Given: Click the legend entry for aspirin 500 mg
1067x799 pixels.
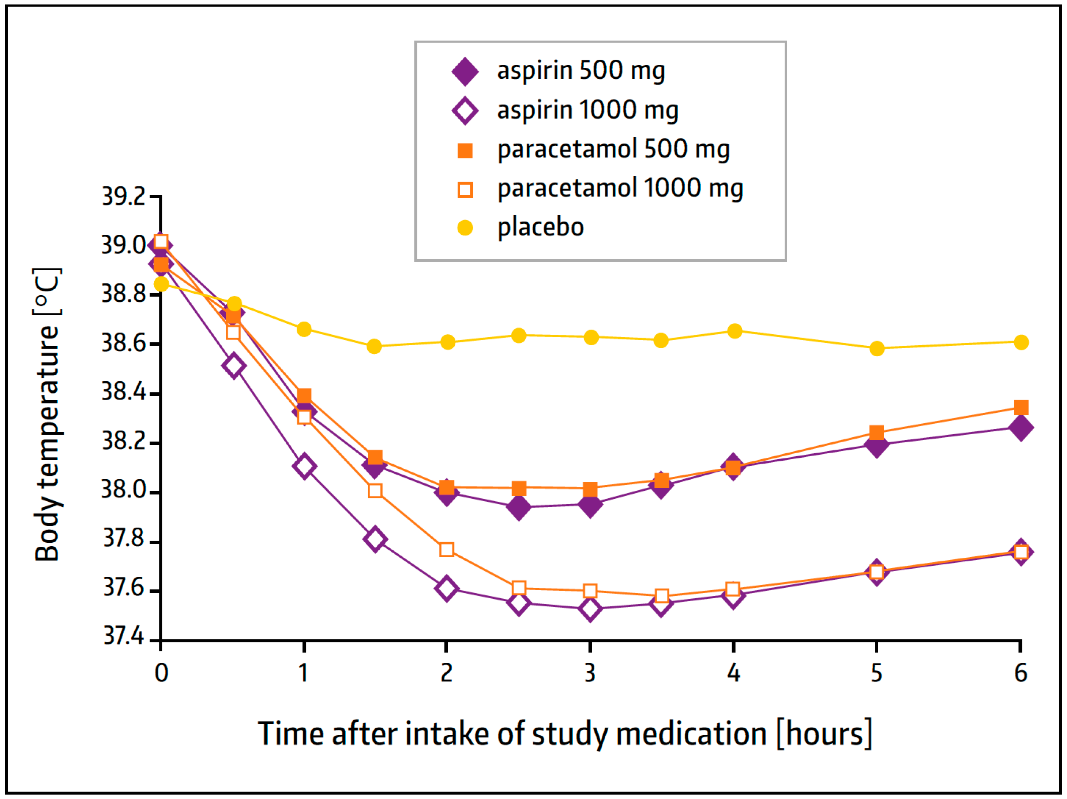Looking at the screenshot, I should (581, 71).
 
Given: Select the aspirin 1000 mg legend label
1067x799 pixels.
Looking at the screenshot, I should (587, 111).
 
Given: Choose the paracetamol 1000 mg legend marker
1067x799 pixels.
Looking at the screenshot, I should (465, 189).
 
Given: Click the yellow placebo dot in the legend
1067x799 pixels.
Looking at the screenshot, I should (465, 227).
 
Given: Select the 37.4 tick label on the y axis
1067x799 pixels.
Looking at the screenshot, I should (124, 636).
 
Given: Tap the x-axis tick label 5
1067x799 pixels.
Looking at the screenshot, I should (876, 673).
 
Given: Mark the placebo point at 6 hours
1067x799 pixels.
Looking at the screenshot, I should (1021, 342).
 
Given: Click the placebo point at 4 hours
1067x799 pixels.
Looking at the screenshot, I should (734, 331).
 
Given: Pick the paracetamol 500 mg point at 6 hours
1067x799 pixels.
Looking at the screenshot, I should (1021, 408).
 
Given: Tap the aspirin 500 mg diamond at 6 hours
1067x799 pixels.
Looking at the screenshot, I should (1021, 428).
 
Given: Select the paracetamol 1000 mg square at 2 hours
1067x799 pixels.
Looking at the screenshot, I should (447, 549).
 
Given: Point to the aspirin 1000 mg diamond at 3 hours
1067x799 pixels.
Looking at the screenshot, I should (590, 609).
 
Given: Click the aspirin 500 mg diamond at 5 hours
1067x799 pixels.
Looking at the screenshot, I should (876, 445).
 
